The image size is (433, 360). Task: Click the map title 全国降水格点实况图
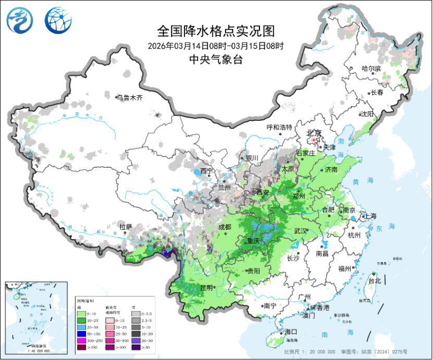216,31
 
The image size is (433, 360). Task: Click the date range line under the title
216,46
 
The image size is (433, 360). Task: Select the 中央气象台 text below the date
216,59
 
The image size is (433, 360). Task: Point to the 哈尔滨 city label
372,69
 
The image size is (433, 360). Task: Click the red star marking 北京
313,140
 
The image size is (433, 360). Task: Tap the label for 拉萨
126,227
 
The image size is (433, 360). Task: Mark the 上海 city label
370,216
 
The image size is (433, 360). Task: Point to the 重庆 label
253,241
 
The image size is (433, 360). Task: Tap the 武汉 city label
301,231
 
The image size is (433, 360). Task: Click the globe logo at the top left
56,20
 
